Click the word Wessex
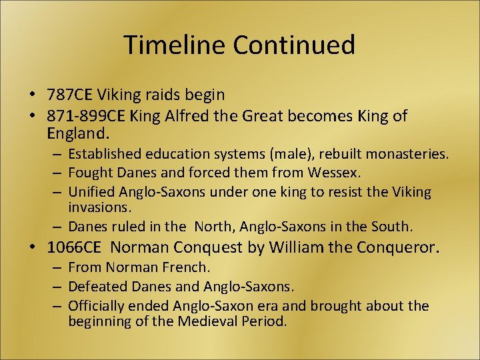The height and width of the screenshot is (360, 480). point(334,173)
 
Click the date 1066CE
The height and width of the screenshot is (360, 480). point(74,248)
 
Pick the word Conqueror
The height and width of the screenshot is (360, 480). point(399,248)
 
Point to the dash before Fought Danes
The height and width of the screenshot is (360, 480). point(58,173)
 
